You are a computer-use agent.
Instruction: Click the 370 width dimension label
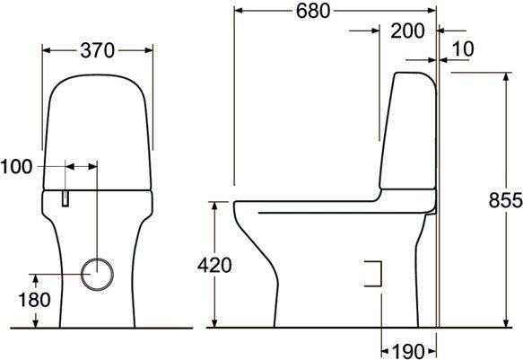[98, 50]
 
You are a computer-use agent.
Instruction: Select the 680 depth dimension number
[313, 11]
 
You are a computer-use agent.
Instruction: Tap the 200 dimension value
[407, 31]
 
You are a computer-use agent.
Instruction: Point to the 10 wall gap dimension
[463, 49]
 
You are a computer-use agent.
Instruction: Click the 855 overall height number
[505, 200]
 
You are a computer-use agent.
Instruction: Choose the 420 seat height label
[214, 265]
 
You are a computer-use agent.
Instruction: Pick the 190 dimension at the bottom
[408, 351]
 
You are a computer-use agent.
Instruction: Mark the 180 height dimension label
[34, 300]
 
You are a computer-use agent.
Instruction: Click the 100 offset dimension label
[16, 166]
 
